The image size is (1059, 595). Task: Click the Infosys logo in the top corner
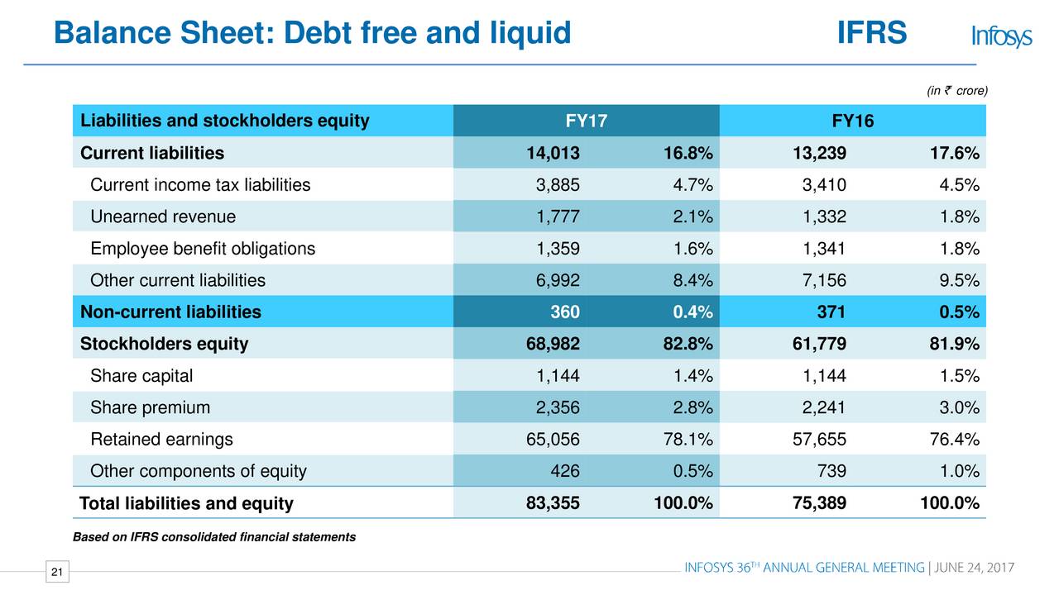pyautogui.click(x=1001, y=36)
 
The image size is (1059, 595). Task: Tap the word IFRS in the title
pyautogui.click(x=872, y=34)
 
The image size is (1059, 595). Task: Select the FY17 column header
pyautogui.click(x=586, y=121)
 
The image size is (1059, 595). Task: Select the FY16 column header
pyautogui.click(x=852, y=121)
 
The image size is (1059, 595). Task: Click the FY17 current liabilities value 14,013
pyautogui.click(x=553, y=153)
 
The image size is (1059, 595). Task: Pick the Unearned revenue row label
pyautogui.click(x=163, y=217)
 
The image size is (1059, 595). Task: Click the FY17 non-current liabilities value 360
pyautogui.click(x=565, y=312)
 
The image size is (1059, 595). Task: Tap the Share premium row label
pyautogui.click(x=150, y=407)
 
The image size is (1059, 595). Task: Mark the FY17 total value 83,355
pyautogui.click(x=553, y=503)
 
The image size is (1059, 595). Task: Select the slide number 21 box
pyautogui.click(x=56, y=572)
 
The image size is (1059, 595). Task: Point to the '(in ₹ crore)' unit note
pyautogui.click(x=957, y=91)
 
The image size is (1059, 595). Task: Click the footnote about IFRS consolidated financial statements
pyautogui.click(x=214, y=537)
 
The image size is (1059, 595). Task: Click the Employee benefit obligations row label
pyautogui.click(x=203, y=249)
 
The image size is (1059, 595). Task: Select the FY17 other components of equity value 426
pyautogui.click(x=564, y=471)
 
